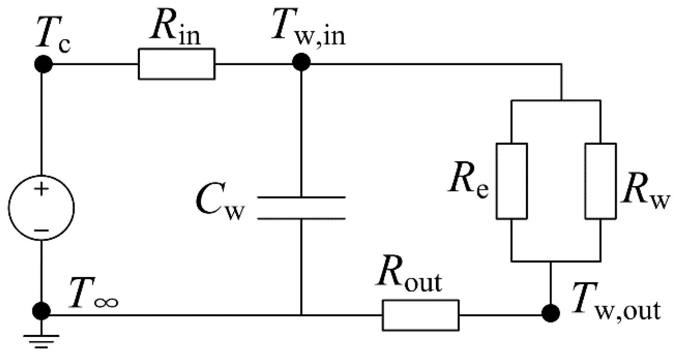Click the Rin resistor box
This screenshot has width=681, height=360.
[176, 64]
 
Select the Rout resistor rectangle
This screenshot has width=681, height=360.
[421, 315]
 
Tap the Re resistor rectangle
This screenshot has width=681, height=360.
[512, 181]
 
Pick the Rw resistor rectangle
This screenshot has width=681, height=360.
[600, 181]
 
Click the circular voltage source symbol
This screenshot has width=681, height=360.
[41, 208]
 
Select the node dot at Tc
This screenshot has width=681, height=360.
[43, 64]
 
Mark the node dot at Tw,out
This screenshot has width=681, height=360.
[550, 313]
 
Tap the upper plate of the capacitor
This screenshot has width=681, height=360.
[301, 197]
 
